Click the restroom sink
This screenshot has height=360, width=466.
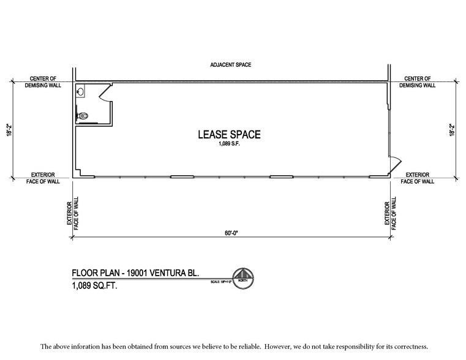(81, 92)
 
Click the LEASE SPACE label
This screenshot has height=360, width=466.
(228, 135)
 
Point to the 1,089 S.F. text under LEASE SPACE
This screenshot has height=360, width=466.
(228, 145)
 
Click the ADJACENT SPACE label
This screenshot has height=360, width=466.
(230, 65)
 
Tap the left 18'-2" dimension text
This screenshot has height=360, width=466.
(10, 131)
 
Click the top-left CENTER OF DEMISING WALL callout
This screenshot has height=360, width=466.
(43, 82)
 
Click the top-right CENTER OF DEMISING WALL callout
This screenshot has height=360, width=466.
(417, 82)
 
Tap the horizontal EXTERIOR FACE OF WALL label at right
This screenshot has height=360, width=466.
(417, 178)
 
